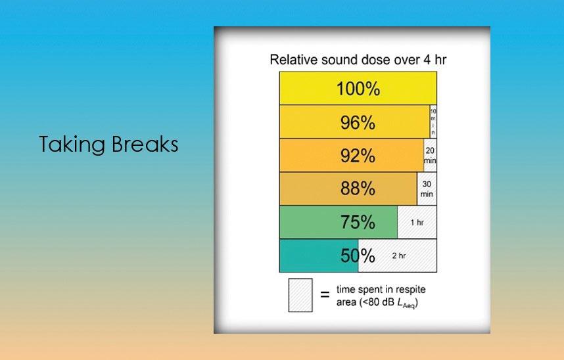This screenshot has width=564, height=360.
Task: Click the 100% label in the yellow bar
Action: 358,89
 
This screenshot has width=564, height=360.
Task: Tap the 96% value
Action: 358,123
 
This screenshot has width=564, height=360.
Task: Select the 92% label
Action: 358,156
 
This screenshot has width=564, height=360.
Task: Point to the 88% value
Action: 358,189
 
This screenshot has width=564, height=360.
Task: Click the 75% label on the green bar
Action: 358,222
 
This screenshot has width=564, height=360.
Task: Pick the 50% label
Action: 358,256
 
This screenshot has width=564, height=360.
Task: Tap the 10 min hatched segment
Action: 433,122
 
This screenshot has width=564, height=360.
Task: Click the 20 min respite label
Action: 430,155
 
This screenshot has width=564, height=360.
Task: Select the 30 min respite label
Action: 427,189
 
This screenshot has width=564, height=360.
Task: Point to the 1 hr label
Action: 417,223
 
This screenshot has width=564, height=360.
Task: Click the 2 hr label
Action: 399,256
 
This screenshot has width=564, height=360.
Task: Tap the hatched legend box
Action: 300,295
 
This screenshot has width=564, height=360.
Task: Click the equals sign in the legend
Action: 325,294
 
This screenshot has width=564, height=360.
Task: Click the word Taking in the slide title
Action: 72,145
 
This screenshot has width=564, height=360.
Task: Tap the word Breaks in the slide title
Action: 145,144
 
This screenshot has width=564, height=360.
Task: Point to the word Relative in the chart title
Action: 294,60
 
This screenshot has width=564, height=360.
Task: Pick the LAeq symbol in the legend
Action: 406,304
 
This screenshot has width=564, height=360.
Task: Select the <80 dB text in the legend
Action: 378,302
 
